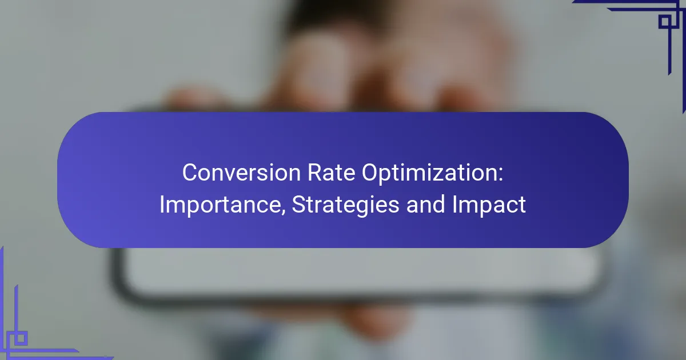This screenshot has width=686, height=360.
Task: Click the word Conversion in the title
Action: [x=241, y=173]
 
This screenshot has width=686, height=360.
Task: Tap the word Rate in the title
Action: [x=331, y=173]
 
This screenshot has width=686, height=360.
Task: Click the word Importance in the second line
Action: [x=220, y=205]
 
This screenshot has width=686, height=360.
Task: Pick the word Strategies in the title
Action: [x=345, y=205]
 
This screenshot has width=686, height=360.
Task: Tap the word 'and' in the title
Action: [x=425, y=205]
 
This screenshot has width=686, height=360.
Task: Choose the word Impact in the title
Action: [x=489, y=205]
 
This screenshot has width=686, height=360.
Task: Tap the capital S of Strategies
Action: [x=299, y=205]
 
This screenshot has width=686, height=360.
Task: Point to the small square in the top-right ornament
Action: [x=665, y=22]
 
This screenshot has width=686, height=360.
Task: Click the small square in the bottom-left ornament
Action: [x=21, y=338]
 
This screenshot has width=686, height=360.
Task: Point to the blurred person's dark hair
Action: [x=321, y=15]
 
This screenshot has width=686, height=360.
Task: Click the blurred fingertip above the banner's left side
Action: [x=196, y=98]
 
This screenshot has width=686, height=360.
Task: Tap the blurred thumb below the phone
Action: [x=368, y=321]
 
